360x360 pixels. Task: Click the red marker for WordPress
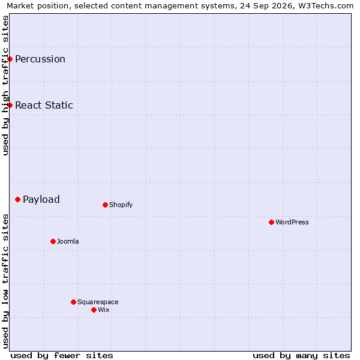click(x=271, y=222)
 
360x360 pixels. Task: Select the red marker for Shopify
click(x=105, y=205)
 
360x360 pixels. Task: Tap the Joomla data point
click(x=53, y=242)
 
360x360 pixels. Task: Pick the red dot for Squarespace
click(x=73, y=302)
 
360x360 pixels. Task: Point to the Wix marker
click(x=94, y=310)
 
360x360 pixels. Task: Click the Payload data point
click(x=17, y=200)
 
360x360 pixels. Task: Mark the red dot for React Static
click(x=10, y=106)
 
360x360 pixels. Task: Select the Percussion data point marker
click(x=10, y=59)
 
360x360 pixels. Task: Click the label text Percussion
click(x=40, y=59)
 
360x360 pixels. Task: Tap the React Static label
click(x=44, y=106)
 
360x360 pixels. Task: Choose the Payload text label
click(x=41, y=200)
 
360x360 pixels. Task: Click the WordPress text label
click(x=292, y=222)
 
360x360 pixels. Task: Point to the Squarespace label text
click(x=98, y=302)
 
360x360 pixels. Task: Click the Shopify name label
click(x=121, y=205)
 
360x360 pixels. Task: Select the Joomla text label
click(x=68, y=242)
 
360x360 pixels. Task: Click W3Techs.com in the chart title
click(x=326, y=5)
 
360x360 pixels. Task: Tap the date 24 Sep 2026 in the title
click(x=266, y=5)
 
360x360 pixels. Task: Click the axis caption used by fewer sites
click(x=62, y=356)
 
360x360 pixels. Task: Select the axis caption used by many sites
click(x=302, y=356)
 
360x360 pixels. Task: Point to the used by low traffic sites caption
click(x=5, y=281)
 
